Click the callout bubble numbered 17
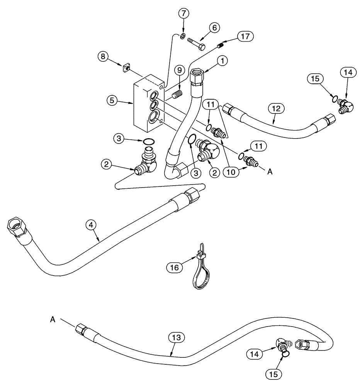coord(246,37)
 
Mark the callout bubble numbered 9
coord(178,70)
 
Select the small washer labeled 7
coord(183,36)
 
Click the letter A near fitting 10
coord(270,173)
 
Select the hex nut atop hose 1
coord(198,75)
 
